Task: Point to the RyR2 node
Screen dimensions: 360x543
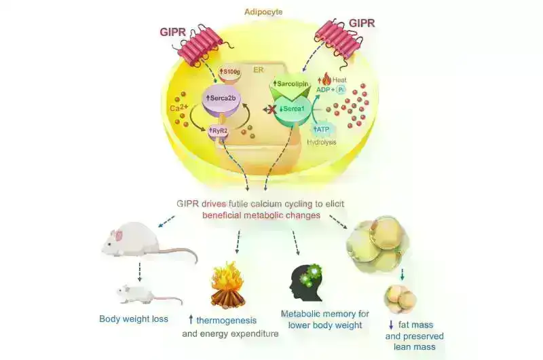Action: coord(220,131)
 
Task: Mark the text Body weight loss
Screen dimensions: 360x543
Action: coord(134,319)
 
